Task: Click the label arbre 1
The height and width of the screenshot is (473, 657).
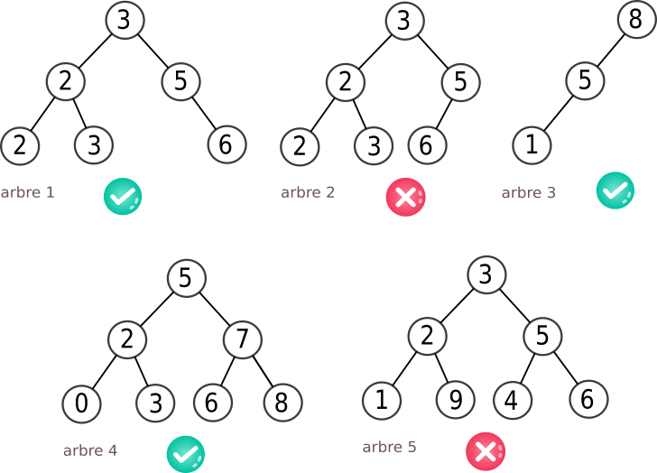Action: point(27,192)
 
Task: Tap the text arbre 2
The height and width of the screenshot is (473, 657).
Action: point(308,192)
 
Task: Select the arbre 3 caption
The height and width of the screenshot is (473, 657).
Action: point(529,193)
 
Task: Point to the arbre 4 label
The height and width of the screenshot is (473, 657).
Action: point(90,450)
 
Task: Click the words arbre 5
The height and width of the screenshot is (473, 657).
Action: point(390,447)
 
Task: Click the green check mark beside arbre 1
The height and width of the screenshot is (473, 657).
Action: point(123,196)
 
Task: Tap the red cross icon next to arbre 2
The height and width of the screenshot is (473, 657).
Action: point(405,197)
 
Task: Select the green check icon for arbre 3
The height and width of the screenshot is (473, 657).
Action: point(615,190)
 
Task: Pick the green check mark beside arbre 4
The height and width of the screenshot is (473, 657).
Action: point(186,454)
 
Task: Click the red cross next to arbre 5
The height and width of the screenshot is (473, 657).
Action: point(486,452)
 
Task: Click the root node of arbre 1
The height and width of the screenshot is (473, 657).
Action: point(125,20)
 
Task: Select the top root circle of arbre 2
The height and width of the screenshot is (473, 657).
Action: point(405,21)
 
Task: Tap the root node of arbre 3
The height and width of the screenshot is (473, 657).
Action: point(636,20)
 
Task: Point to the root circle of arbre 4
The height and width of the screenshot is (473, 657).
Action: point(187,278)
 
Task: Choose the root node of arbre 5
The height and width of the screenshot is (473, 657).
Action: point(487,274)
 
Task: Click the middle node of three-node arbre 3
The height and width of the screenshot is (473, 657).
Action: point(586,81)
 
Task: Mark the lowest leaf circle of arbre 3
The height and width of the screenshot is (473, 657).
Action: point(532,145)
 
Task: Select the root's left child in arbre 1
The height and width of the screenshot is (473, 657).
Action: point(66,82)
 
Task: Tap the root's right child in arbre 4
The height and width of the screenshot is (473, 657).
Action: point(243,340)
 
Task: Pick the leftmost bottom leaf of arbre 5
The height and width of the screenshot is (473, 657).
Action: point(382,401)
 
